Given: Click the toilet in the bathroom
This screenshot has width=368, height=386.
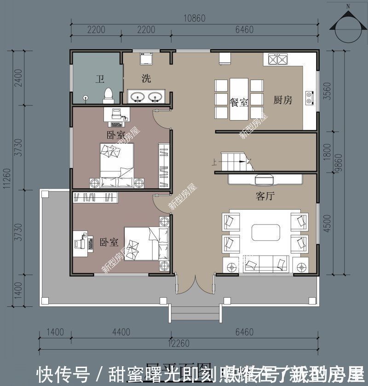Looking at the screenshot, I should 109,94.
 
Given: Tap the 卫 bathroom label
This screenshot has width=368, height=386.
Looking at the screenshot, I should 99,79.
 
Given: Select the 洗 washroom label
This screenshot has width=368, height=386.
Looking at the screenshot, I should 146,79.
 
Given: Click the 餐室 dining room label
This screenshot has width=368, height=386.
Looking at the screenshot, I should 239,102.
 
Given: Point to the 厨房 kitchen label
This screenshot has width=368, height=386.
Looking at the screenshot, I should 283,100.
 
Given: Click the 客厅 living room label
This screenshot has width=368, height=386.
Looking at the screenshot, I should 265,196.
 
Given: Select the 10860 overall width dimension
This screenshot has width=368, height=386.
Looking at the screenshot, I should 194,18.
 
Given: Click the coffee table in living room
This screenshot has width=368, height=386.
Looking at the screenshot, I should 266,232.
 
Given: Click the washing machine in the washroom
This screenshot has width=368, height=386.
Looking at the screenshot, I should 147,59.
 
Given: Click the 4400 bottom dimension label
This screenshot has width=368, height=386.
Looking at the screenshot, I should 121,332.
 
